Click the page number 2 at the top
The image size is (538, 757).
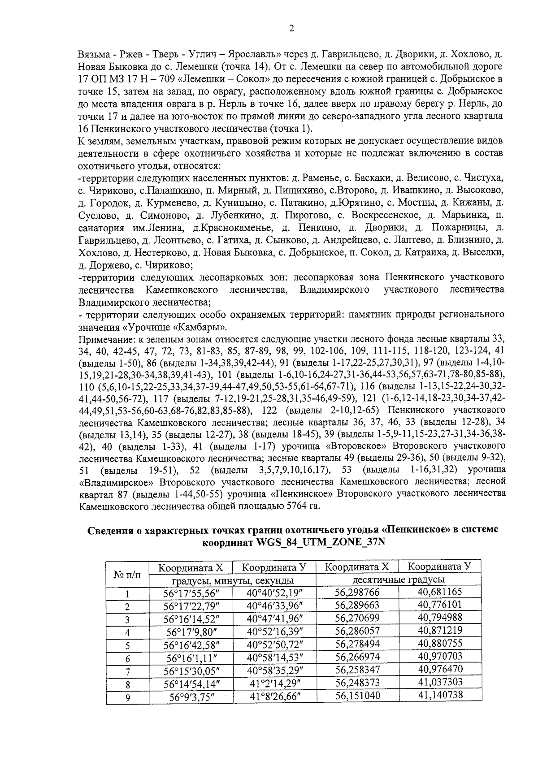point(291,29)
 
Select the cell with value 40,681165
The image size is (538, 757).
point(440,592)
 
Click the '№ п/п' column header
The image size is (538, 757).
point(126,574)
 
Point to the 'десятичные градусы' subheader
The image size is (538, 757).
point(399,580)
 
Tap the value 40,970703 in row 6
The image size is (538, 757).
point(440,657)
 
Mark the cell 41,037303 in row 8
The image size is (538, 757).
point(440,682)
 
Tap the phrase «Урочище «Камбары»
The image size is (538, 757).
point(177,326)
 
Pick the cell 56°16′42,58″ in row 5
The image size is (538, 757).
point(191,645)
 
